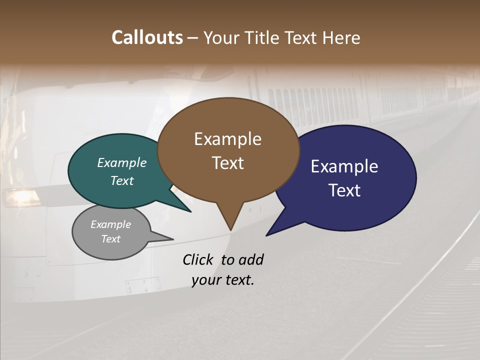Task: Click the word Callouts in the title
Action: (x=147, y=37)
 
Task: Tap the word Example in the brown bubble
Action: (x=227, y=139)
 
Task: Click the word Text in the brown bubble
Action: (x=227, y=163)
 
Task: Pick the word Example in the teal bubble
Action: (x=122, y=162)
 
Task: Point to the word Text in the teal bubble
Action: (x=122, y=180)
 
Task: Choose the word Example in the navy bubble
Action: (x=344, y=166)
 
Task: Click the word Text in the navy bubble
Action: (x=344, y=190)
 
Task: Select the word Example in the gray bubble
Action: (x=110, y=224)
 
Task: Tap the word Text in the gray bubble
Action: (x=110, y=239)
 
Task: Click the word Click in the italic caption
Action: (x=198, y=259)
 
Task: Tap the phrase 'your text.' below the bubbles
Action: (x=222, y=280)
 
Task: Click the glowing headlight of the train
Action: (x=21, y=197)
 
